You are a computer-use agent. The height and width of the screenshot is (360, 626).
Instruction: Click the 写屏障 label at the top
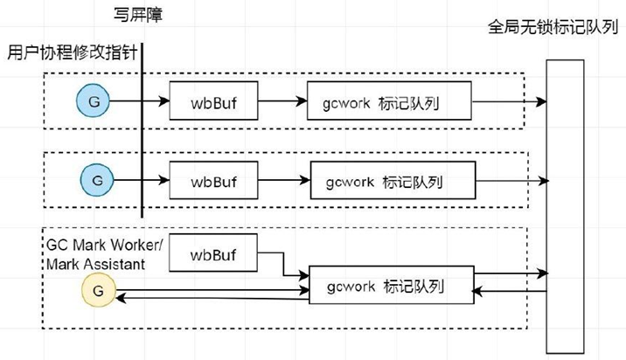click(139, 15)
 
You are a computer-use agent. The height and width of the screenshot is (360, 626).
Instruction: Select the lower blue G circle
click(94, 180)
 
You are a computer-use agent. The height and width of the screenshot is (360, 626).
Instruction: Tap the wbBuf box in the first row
click(214, 103)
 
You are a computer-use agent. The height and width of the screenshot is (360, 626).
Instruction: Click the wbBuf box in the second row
click(215, 183)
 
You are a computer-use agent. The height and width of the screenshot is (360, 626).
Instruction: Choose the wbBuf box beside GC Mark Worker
click(214, 256)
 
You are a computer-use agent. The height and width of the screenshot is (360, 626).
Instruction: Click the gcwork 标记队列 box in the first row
click(390, 103)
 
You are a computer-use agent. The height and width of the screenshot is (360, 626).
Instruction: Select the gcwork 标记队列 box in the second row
click(394, 183)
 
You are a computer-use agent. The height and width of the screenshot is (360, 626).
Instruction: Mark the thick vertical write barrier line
click(142, 131)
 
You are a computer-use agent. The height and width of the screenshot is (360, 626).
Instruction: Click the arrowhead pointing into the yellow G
click(123, 299)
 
